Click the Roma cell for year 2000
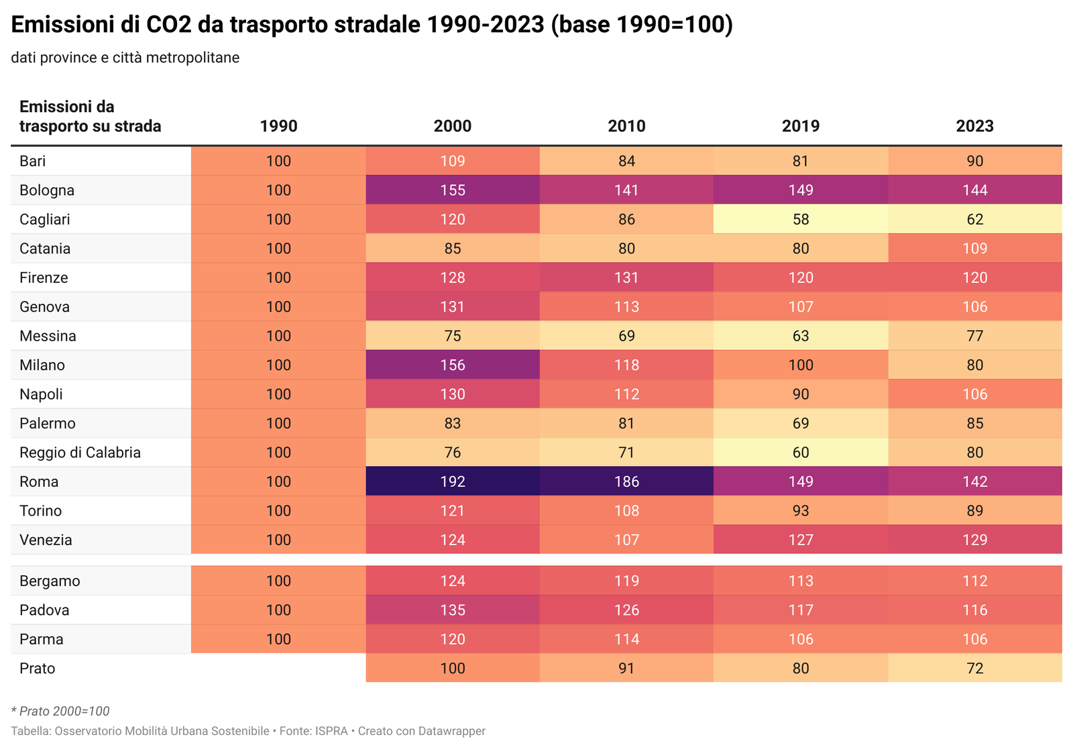pyautogui.click(x=453, y=481)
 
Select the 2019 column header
pyautogui.click(x=801, y=126)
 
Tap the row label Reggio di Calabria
pyautogui.click(x=80, y=453)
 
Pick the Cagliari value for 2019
pyautogui.click(x=801, y=219)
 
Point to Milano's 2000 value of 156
pyautogui.click(x=453, y=365)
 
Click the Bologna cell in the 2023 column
pyautogui.click(x=974, y=190)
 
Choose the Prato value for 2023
pyautogui.click(x=974, y=669)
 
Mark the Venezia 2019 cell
pyautogui.click(x=801, y=540)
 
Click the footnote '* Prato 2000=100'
pyautogui.click(x=60, y=711)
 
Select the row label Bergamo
pyautogui.click(x=50, y=581)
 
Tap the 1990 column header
pyautogui.click(x=278, y=126)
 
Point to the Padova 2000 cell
pyautogui.click(x=453, y=610)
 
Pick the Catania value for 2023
pyautogui.click(x=974, y=249)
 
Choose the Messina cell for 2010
pyautogui.click(x=626, y=336)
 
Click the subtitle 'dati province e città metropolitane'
pyautogui.click(x=125, y=58)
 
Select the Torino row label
pyautogui.click(x=41, y=511)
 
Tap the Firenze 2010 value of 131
pyautogui.click(x=626, y=278)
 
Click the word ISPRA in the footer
pyautogui.click(x=332, y=731)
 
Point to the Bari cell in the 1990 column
pyautogui.click(x=278, y=161)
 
